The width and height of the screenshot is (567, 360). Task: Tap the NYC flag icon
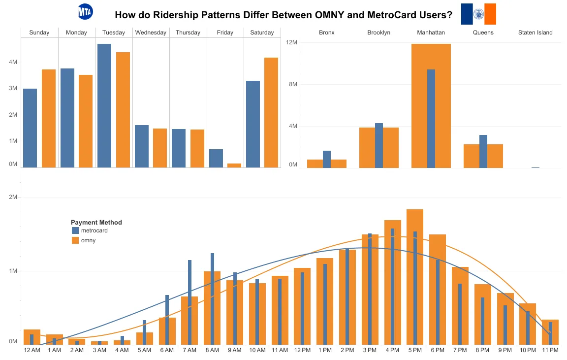tap(478, 14)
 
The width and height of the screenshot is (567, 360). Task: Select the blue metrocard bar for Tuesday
tap(104, 105)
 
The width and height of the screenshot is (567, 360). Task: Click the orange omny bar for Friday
tap(234, 165)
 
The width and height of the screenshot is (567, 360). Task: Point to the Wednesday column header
tap(151, 33)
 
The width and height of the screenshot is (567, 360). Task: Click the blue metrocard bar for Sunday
tap(30, 128)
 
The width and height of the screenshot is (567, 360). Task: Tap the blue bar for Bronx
tap(327, 159)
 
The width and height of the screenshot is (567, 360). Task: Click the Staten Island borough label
tap(535, 33)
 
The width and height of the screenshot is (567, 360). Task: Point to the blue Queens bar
tap(483, 151)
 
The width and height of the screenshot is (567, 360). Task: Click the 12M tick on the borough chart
tap(292, 42)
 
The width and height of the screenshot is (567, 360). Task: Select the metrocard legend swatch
tap(75, 230)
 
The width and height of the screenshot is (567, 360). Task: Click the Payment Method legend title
tap(96, 223)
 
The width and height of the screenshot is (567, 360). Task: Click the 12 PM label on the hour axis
tap(302, 350)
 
